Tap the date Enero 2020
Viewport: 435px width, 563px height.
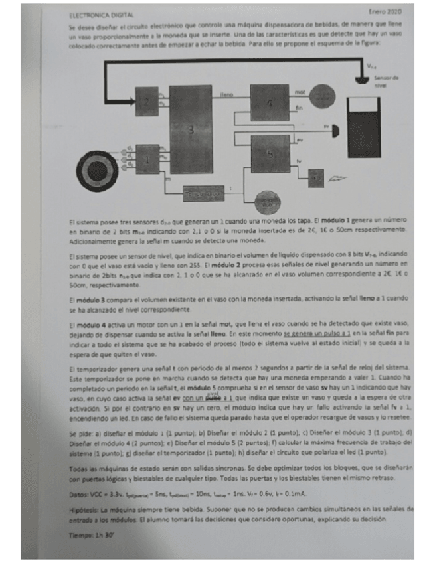(x=385, y=11)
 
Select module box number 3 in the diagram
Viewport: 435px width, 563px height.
(x=190, y=129)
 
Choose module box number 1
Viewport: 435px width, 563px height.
(x=147, y=159)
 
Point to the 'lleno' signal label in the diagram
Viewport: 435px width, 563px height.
(x=226, y=96)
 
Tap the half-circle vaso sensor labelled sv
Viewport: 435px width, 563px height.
(x=334, y=127)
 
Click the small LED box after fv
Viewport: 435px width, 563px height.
(x=317, y=177)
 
